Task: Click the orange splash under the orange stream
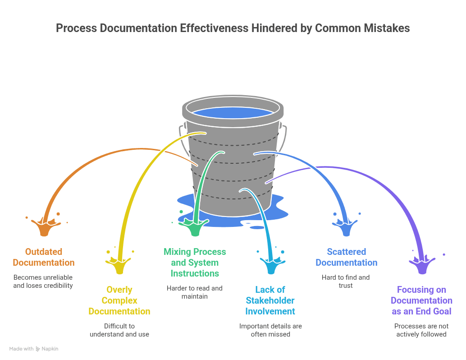(44, 228)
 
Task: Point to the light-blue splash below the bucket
(271, 267)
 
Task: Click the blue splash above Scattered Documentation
(346, 228)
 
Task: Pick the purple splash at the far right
(422, 267)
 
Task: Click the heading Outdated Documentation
(44, 257)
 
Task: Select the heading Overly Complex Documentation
(119, 300)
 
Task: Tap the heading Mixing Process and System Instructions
(195, 263)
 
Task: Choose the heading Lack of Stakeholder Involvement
(270, 300)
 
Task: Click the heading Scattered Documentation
(346, 257)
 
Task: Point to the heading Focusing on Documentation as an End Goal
(421, 300)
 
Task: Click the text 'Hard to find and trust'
(346, 282)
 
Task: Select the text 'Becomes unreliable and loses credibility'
(43, 282)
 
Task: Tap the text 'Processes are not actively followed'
(421, 330)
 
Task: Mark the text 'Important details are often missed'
(270, 330)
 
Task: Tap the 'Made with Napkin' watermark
(34, 349)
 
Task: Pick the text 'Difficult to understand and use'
(119, 330)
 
